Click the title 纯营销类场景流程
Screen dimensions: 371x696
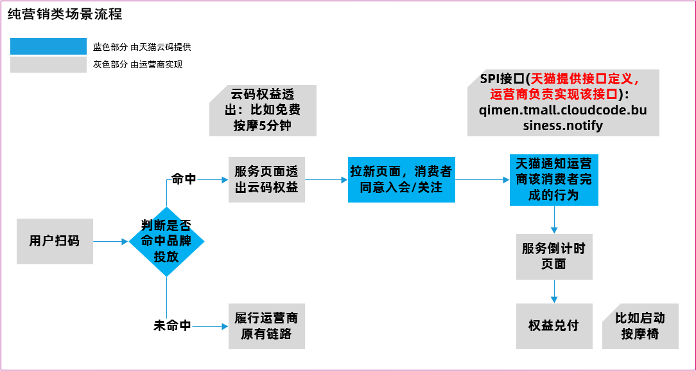click(x=65, y=14)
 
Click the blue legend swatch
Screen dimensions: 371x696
click(x=48, y=46)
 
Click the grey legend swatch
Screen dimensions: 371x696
click(x=48, y=64)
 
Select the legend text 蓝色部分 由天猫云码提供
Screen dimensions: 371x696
click(x=142, y=47)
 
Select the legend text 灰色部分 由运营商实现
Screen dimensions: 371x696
click(x=137, y=64)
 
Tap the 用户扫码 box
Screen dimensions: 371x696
click(x=55, y=241)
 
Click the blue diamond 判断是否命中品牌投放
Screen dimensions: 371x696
click(x=166, y=242)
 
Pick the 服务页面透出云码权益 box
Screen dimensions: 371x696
click(x=266, y=180)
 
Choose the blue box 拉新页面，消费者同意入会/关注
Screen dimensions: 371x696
click(x=401, y=180)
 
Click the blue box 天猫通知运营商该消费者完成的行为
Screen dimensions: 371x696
click(x=553, y=179)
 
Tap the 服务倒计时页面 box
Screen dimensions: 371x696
click(x=553, y=256)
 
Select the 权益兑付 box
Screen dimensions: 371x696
click(x=553, y=325)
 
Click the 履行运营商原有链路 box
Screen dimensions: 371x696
click(x=266, y=326)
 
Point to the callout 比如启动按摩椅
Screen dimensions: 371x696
click(x=640, y=326)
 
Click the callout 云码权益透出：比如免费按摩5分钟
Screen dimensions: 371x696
click(x=263, y=110)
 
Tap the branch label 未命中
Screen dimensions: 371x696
click(x=172, y=326)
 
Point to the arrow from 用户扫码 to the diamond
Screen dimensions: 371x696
click(x=110, y=242)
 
